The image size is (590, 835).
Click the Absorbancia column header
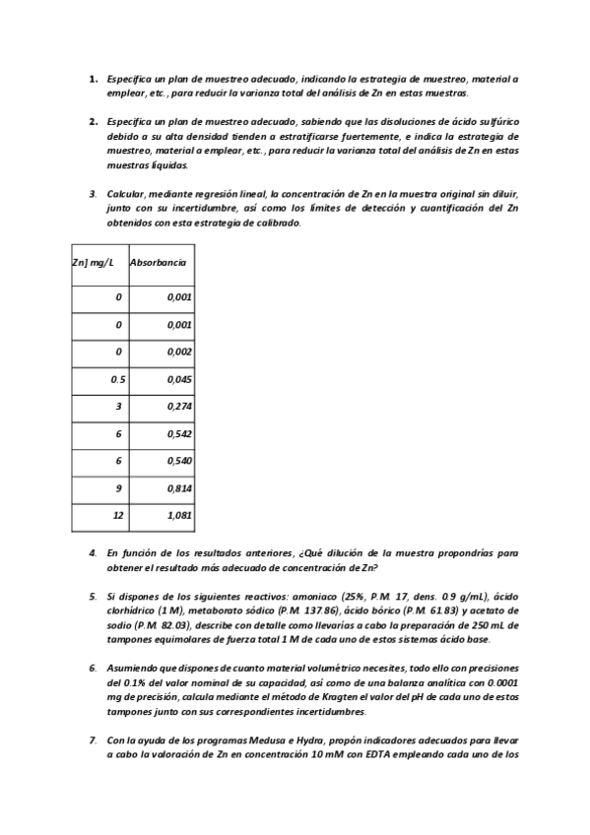159,264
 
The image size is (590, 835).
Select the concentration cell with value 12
117,514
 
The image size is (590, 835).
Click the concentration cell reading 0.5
117,379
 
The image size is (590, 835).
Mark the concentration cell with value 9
118,487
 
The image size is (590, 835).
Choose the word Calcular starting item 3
125,194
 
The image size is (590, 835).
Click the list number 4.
93,553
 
